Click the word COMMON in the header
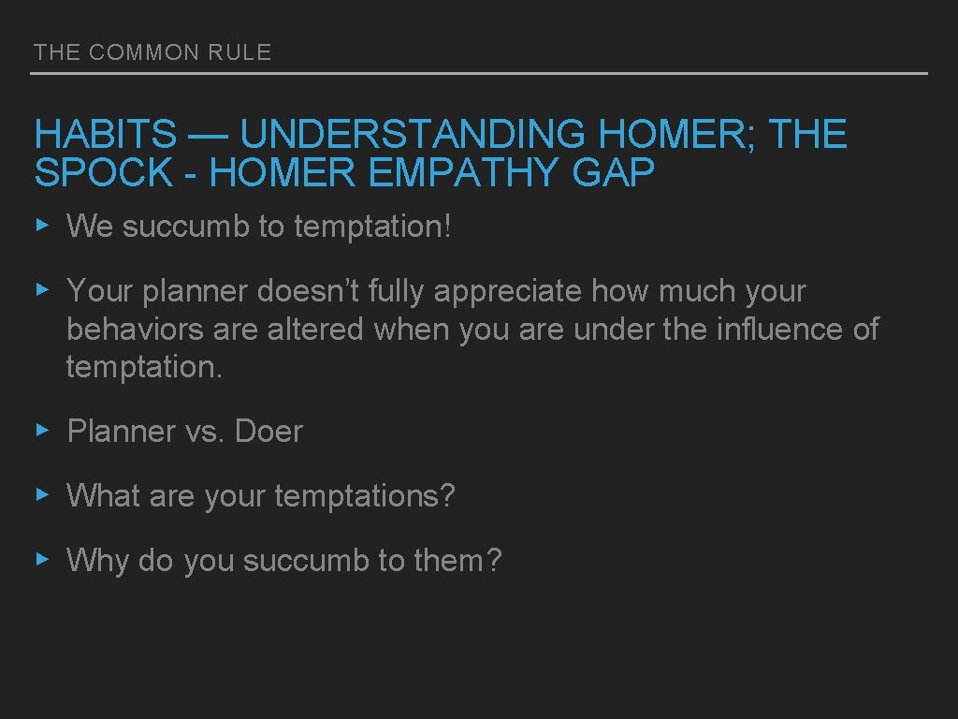tap(144, 52)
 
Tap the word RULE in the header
tap(240, 52)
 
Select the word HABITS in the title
tap(105, 136)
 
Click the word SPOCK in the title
tap(104, 173)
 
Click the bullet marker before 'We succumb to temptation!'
tap(41, 225)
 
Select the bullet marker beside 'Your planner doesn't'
tap(41, 290)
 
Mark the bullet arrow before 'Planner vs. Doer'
tap(41, 431)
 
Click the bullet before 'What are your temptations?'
tap(41, 494)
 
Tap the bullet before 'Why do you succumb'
tap(41, 560)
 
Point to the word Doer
tap(269, 432)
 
